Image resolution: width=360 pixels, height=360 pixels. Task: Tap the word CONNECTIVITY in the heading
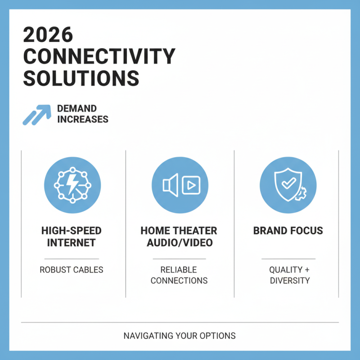pos(99,57)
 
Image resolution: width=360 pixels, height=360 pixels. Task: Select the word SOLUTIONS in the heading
pos(81,78)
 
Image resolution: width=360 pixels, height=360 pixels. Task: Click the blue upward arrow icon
pos(36,114)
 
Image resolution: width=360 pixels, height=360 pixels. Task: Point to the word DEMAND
pos(77,108)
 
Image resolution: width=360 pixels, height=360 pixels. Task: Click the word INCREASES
pos(83,120)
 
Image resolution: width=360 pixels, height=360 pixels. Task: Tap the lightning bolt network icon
pos(72,184)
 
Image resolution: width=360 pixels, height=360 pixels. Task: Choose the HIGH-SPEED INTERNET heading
pos(72,237)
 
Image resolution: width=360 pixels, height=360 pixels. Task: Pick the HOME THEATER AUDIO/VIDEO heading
pos(179,237)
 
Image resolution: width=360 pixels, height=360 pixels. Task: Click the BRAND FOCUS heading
pos(288,231)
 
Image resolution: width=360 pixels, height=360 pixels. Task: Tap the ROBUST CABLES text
pos(72,270)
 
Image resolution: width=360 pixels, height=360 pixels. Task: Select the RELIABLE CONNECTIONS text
pos(179,275)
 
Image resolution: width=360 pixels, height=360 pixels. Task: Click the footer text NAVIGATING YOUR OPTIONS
pos(180,336)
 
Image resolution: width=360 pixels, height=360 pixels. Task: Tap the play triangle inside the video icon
pos(191,184)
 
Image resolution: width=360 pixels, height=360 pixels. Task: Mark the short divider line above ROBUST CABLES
pos(72,259)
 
